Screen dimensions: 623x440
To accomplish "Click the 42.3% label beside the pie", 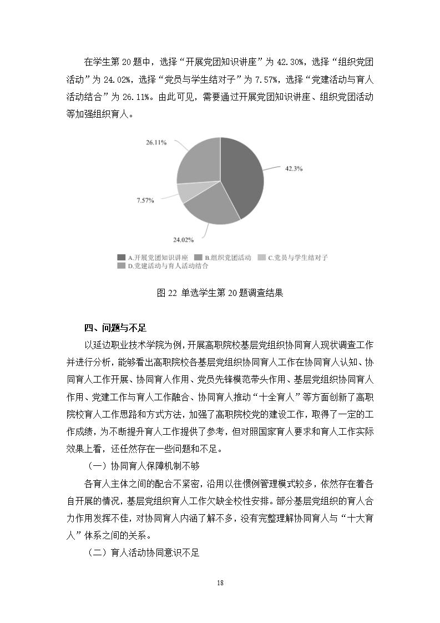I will point(294,168).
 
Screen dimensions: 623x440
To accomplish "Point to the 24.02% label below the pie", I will point(183,240).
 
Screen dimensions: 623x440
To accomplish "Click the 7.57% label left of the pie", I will point(145,200).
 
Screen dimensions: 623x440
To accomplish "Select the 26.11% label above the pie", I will point(156,143).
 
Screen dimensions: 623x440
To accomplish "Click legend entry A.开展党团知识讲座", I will point(153,258).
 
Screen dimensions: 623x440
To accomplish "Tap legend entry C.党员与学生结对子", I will point(294,258).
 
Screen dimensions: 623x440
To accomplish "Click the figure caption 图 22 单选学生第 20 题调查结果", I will point(220,293).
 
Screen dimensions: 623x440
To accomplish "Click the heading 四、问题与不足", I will point(115,327).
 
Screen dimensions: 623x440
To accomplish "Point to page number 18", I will point(220,583).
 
